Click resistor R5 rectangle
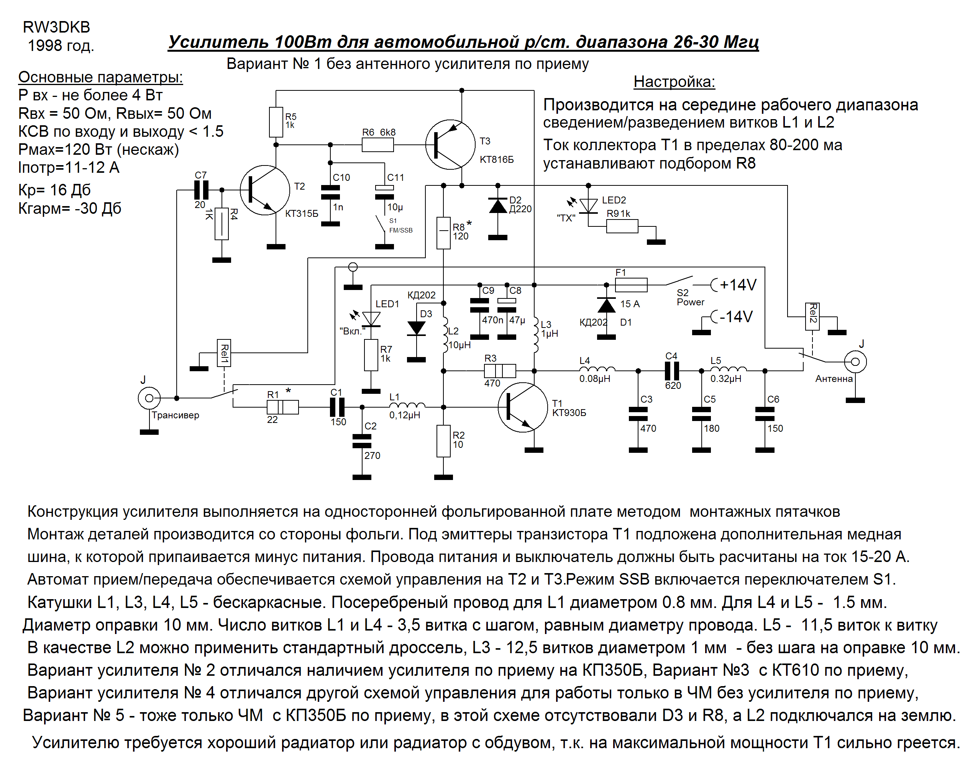tap(276, 122)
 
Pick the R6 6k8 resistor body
tap(377, 145)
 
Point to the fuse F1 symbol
tap(631, 285)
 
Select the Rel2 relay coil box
tap(812, 316)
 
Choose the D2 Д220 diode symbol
tap(498, 206)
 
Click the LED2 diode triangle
tap(589, 206)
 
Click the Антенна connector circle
tap(855, 362)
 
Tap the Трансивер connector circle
tap(149, 398)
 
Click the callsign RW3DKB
tap(57, 28)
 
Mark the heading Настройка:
tap(674, 82)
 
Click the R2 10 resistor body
tap(443, 441)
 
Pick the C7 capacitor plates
tap(201, 190)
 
